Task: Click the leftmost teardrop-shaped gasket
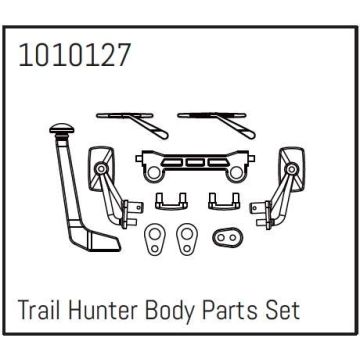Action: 153,241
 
